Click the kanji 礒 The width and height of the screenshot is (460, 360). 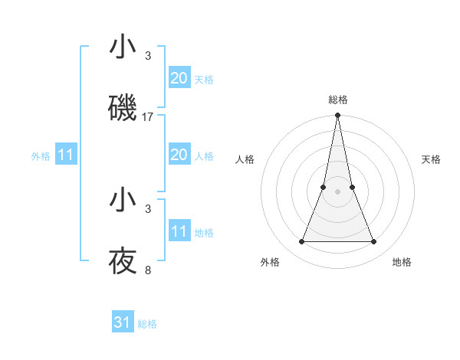(x=123, y=108)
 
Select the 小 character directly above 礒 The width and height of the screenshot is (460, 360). (x=123, y=47)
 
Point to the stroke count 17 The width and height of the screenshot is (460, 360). (x=148, y=117)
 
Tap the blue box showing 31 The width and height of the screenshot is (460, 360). (x=123, y=322)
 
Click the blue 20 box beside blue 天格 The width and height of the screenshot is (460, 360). (x=179, y=78)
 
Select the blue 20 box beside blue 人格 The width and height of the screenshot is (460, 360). (x=179, y=155)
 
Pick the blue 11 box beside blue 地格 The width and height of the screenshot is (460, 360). (x=179, y=231)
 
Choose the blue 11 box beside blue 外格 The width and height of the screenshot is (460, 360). (x=66, y=155)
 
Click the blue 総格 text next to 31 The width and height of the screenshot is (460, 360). (x=147, y=324)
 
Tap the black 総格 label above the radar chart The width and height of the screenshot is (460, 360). (x=337, y=100)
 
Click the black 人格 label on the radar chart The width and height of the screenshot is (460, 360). (x=245, y=159)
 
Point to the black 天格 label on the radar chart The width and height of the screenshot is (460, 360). (x=431, y=159)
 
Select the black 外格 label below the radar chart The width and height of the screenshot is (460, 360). (x=270, y=262)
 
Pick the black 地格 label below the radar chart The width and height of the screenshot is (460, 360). (x=402, y=262)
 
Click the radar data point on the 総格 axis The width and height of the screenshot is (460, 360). (x=337, y=116)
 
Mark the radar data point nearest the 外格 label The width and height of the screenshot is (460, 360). (x=301, y=242)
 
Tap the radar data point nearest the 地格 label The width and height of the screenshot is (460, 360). (x=374, y=242)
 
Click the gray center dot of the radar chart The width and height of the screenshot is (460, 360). (x=337, y=191)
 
